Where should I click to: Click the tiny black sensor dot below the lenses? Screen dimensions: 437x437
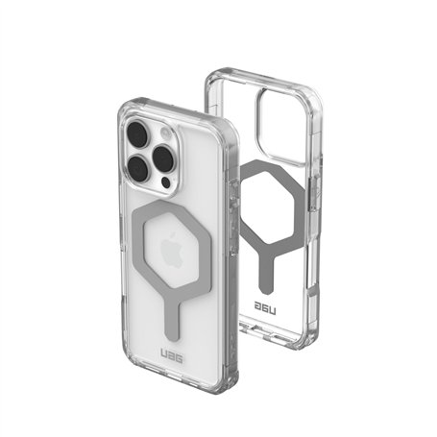pyautogui.click(x=166, y=181)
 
